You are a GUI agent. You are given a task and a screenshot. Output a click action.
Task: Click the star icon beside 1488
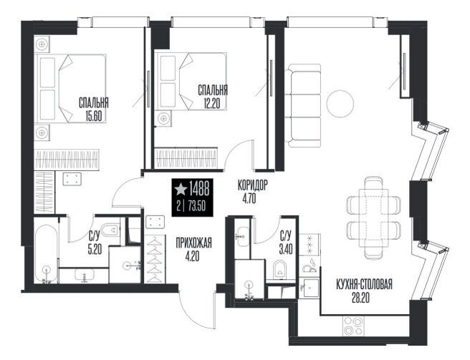181,189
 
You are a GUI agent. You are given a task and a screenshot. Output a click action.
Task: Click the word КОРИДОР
252,186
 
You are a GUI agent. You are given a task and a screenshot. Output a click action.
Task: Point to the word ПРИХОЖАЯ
194,243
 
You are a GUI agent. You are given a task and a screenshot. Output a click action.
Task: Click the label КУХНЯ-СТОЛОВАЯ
364,285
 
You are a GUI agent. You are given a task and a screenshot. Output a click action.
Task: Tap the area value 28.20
361,298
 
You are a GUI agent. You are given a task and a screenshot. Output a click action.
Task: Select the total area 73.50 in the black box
197,206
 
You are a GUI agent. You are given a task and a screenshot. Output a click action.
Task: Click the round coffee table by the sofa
340,104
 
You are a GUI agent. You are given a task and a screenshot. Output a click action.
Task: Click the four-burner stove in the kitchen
352,326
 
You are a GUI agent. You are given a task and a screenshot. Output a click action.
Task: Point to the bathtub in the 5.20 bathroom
46,253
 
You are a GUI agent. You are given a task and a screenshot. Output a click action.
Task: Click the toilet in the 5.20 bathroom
110,230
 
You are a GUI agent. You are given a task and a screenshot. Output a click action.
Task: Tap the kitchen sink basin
310,288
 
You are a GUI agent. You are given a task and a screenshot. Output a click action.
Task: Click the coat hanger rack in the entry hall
155,259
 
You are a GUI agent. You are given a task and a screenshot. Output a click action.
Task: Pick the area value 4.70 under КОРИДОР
249,199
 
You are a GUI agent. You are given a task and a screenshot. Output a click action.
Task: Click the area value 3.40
286,249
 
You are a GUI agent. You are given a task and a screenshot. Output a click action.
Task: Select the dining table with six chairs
374,218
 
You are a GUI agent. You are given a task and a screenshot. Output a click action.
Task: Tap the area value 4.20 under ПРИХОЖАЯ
193,256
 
